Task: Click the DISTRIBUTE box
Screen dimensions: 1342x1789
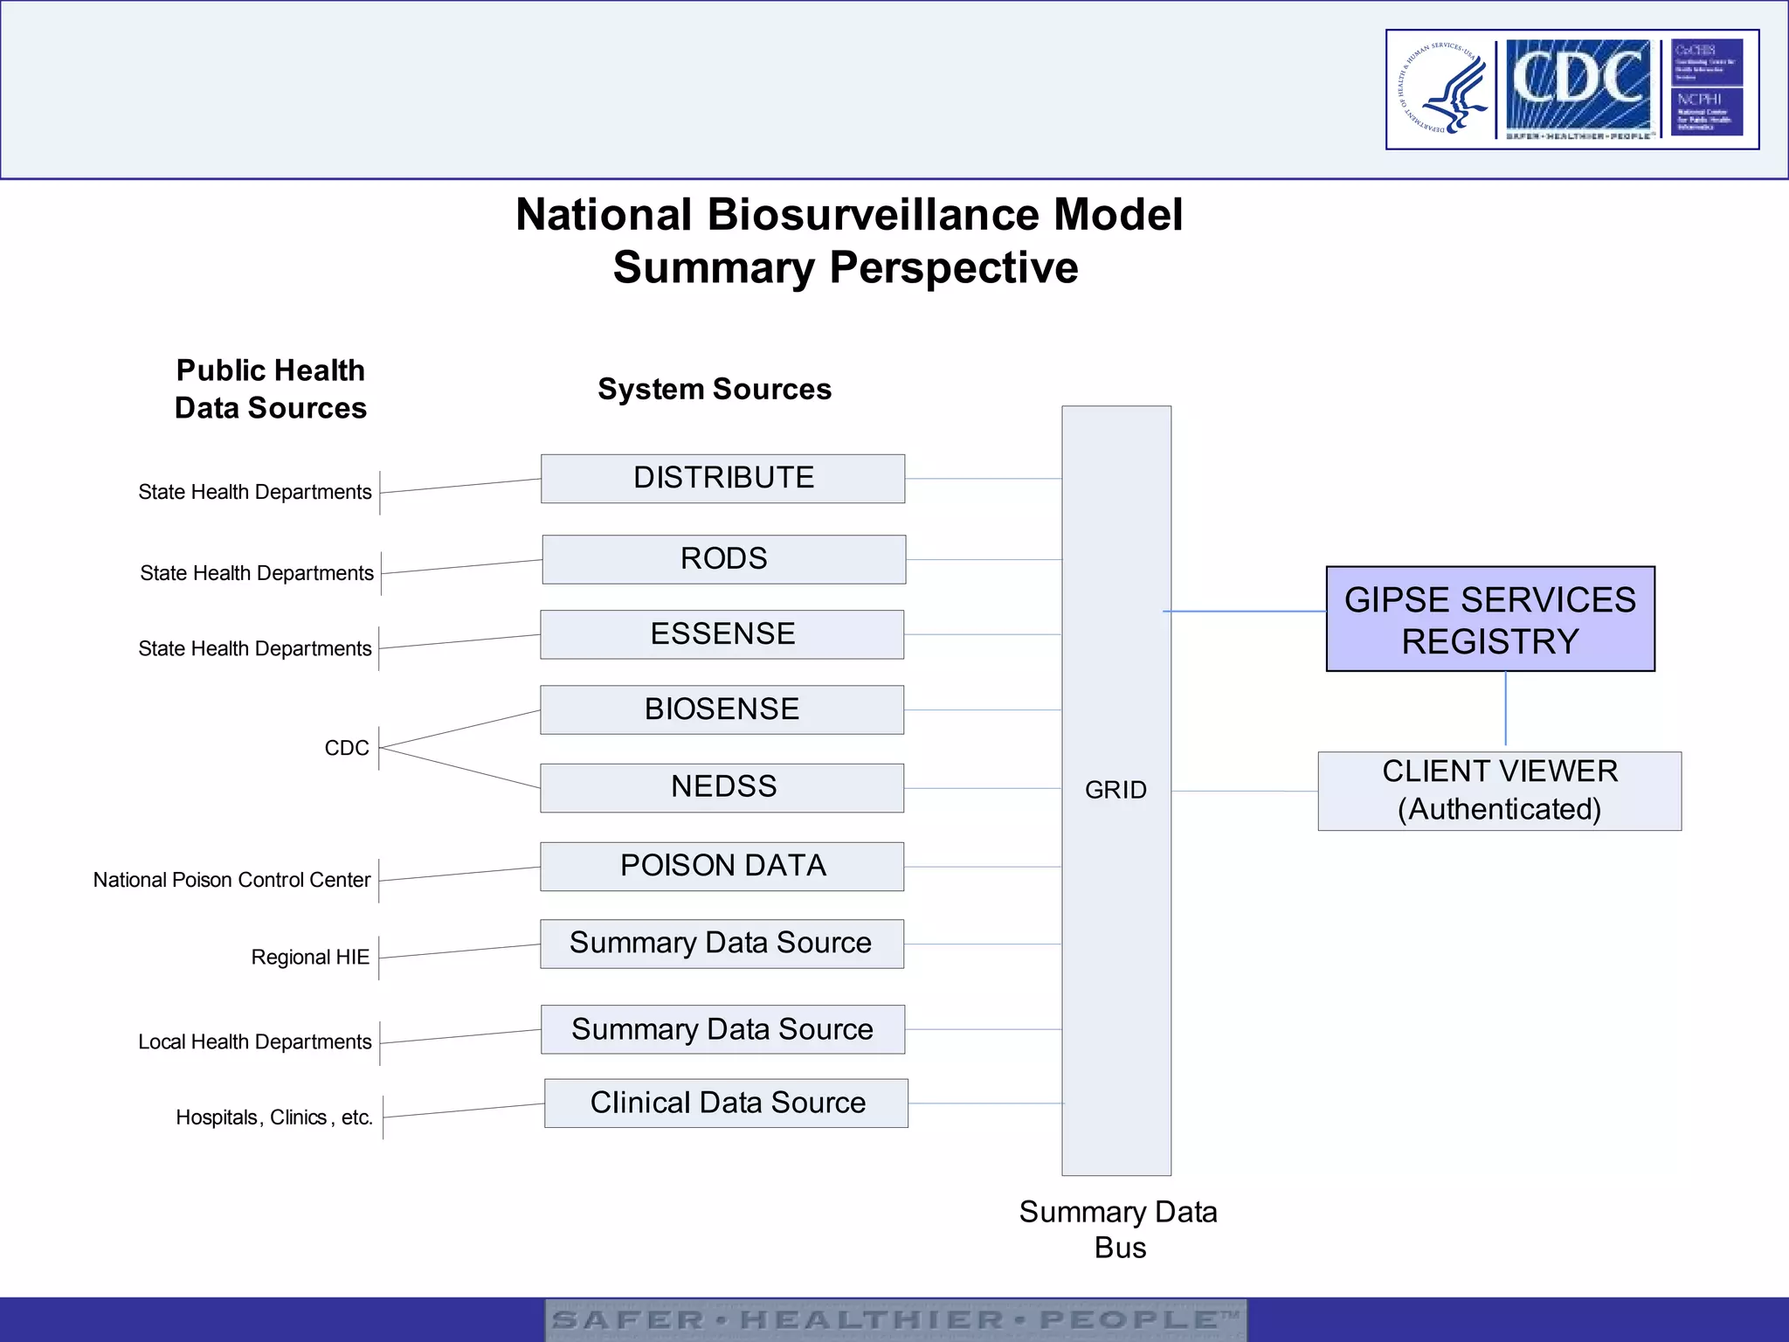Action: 722,478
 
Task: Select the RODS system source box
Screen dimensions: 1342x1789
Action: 723,559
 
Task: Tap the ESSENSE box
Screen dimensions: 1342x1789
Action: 722,634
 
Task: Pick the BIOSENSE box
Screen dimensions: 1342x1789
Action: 722,709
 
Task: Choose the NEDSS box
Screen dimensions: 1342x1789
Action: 722,787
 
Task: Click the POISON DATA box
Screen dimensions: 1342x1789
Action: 722,866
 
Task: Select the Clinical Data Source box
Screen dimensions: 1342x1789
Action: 726,1103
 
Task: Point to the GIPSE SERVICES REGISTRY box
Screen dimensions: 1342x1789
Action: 1489,619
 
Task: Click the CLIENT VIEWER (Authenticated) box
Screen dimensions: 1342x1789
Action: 1499,791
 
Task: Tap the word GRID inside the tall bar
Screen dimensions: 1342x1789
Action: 1116,790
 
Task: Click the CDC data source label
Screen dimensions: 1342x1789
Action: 347,748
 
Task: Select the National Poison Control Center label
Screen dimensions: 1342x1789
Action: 231,880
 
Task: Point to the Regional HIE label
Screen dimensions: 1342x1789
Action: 310,957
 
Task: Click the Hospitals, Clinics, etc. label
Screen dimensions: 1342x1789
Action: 274,1117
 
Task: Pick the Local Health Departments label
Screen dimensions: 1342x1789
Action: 254,1041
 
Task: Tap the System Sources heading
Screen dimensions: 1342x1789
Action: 714,389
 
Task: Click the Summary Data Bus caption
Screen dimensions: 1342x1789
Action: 1118,1229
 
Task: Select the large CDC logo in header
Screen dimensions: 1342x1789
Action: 1578,87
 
